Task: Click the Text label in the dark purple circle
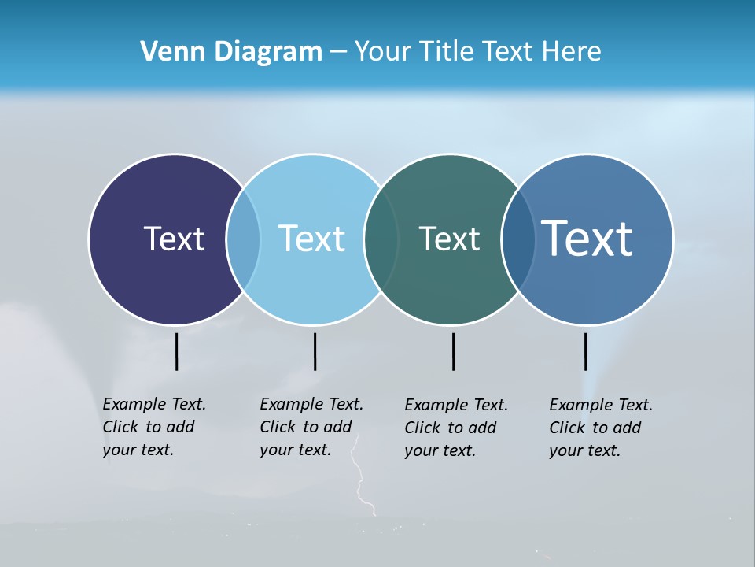[174, 239]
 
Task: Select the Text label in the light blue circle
[311, 239]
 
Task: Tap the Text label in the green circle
[449, 239]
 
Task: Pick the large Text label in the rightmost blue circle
[587, 239]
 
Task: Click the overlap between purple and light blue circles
[243, 239]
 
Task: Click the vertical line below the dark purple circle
[177, 351]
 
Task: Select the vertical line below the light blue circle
[315, 351]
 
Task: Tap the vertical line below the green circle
[453, 351]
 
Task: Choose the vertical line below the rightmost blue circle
[585, 351]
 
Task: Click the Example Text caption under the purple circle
[153, 427]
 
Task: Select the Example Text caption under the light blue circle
[311, 427]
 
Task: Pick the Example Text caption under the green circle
[455, 428]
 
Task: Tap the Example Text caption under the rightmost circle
[600, 428]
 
